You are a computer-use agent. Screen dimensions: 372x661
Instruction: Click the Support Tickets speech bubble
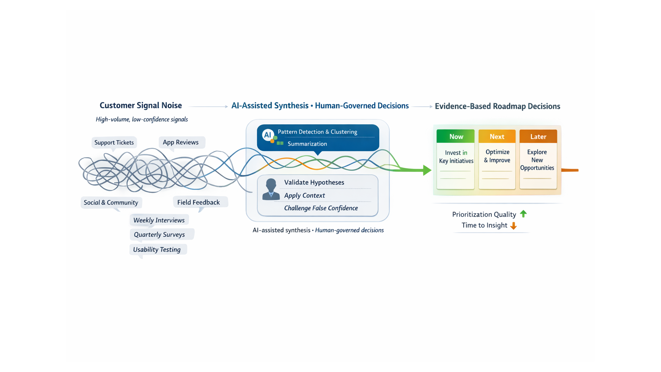click(114, 142)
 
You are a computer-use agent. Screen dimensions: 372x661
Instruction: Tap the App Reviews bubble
click(181, 142)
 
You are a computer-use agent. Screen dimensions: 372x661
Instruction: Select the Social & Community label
click(111, 203)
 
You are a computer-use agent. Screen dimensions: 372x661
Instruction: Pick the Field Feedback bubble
click(199, 202)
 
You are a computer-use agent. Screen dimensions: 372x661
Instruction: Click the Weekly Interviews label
click(159, 220)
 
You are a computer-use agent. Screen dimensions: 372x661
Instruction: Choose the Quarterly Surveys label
click(159, 235)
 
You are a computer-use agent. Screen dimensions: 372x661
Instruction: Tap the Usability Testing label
click(157, 249)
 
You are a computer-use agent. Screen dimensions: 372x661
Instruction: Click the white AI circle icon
click(267, 135)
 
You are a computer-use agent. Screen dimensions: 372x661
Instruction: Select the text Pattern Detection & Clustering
click(317, 132)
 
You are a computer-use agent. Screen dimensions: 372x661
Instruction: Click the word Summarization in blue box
click(307, 144)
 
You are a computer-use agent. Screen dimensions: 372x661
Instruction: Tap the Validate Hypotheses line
click(314, 183)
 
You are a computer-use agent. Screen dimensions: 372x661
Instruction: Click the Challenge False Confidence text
click(321, 208)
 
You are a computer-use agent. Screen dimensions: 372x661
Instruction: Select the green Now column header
click(456, 136)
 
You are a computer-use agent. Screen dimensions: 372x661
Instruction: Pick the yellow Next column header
click(497, 136)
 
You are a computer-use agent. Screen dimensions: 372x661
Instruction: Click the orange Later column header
click(538, 136)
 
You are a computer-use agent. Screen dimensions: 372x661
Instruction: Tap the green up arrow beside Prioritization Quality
click(523, 214)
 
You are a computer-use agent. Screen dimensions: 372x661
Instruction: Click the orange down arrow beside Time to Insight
click(513, 226)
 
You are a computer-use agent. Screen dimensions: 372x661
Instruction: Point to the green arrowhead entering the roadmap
click(427, 170)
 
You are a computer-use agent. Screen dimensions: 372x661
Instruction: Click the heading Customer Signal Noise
click(141, 105)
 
